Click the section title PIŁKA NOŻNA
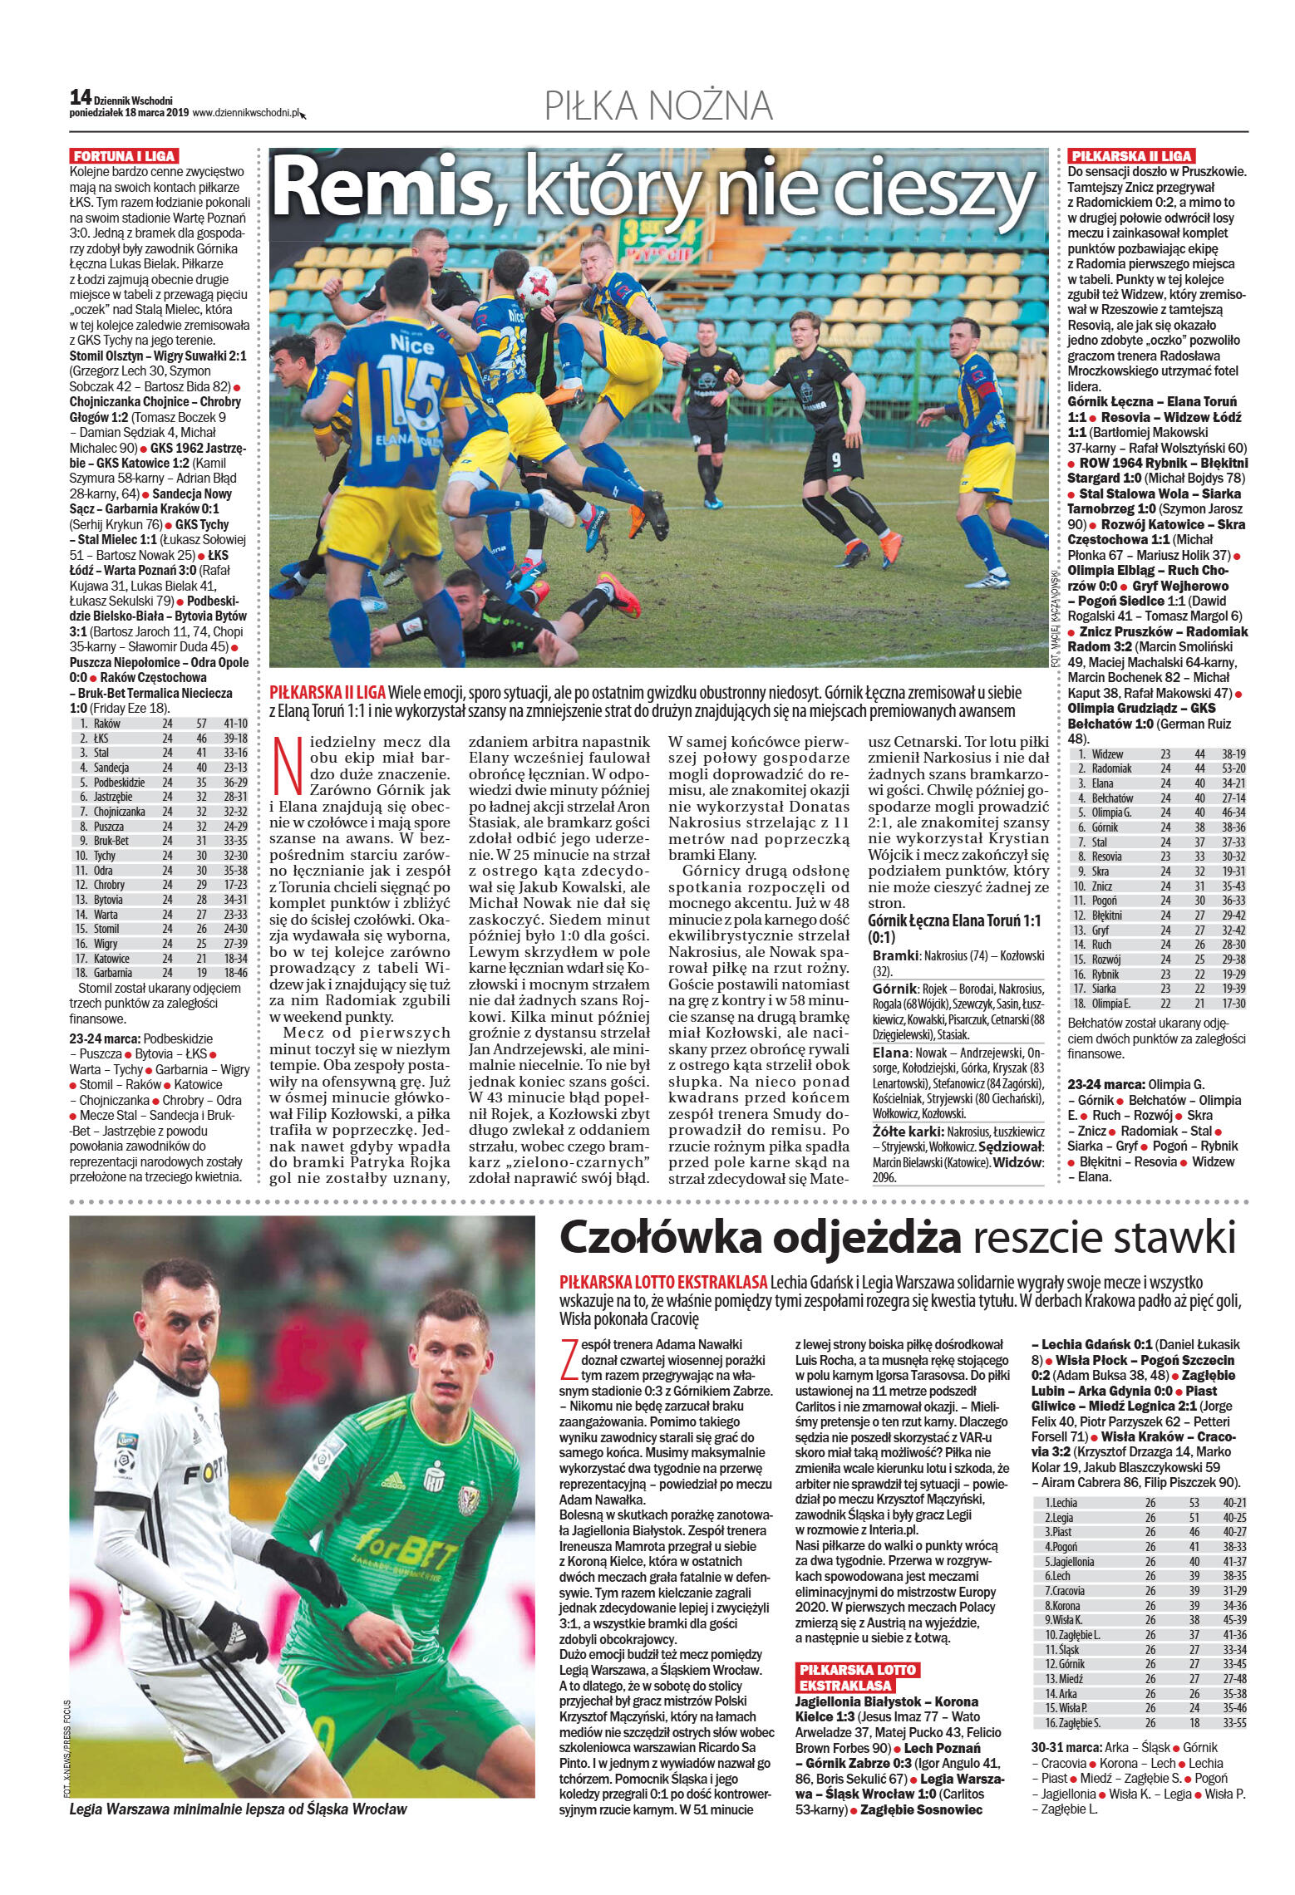click(x=658, y=107)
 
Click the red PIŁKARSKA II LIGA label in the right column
click(x=1131, y=155)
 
